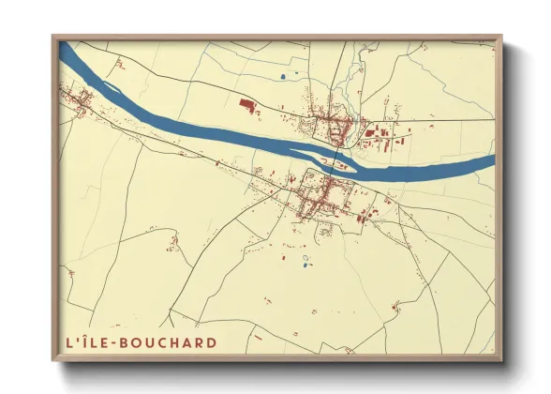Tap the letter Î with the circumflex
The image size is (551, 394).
pos(88,341)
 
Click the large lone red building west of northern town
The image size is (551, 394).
pos(248,105)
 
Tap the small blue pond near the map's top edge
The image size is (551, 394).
pos(284,76)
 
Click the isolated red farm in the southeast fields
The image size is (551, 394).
pos(397,305)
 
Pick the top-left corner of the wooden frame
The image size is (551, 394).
pos(54,38)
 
